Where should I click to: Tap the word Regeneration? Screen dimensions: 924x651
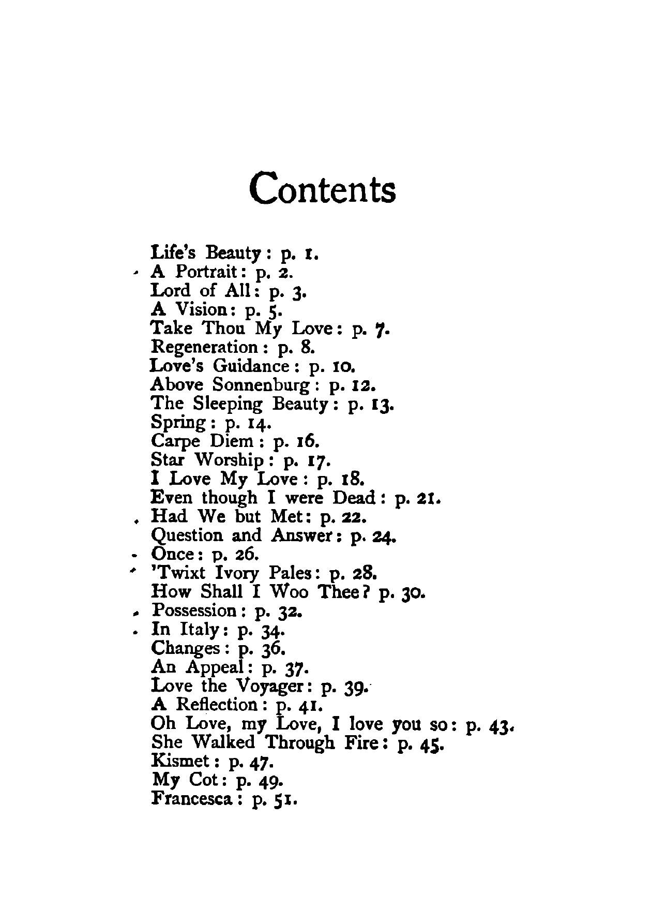point(204,347)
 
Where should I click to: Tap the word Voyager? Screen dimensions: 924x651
point(274,687)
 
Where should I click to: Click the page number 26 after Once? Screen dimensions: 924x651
point(246,554)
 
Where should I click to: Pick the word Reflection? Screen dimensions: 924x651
point(217,705)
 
